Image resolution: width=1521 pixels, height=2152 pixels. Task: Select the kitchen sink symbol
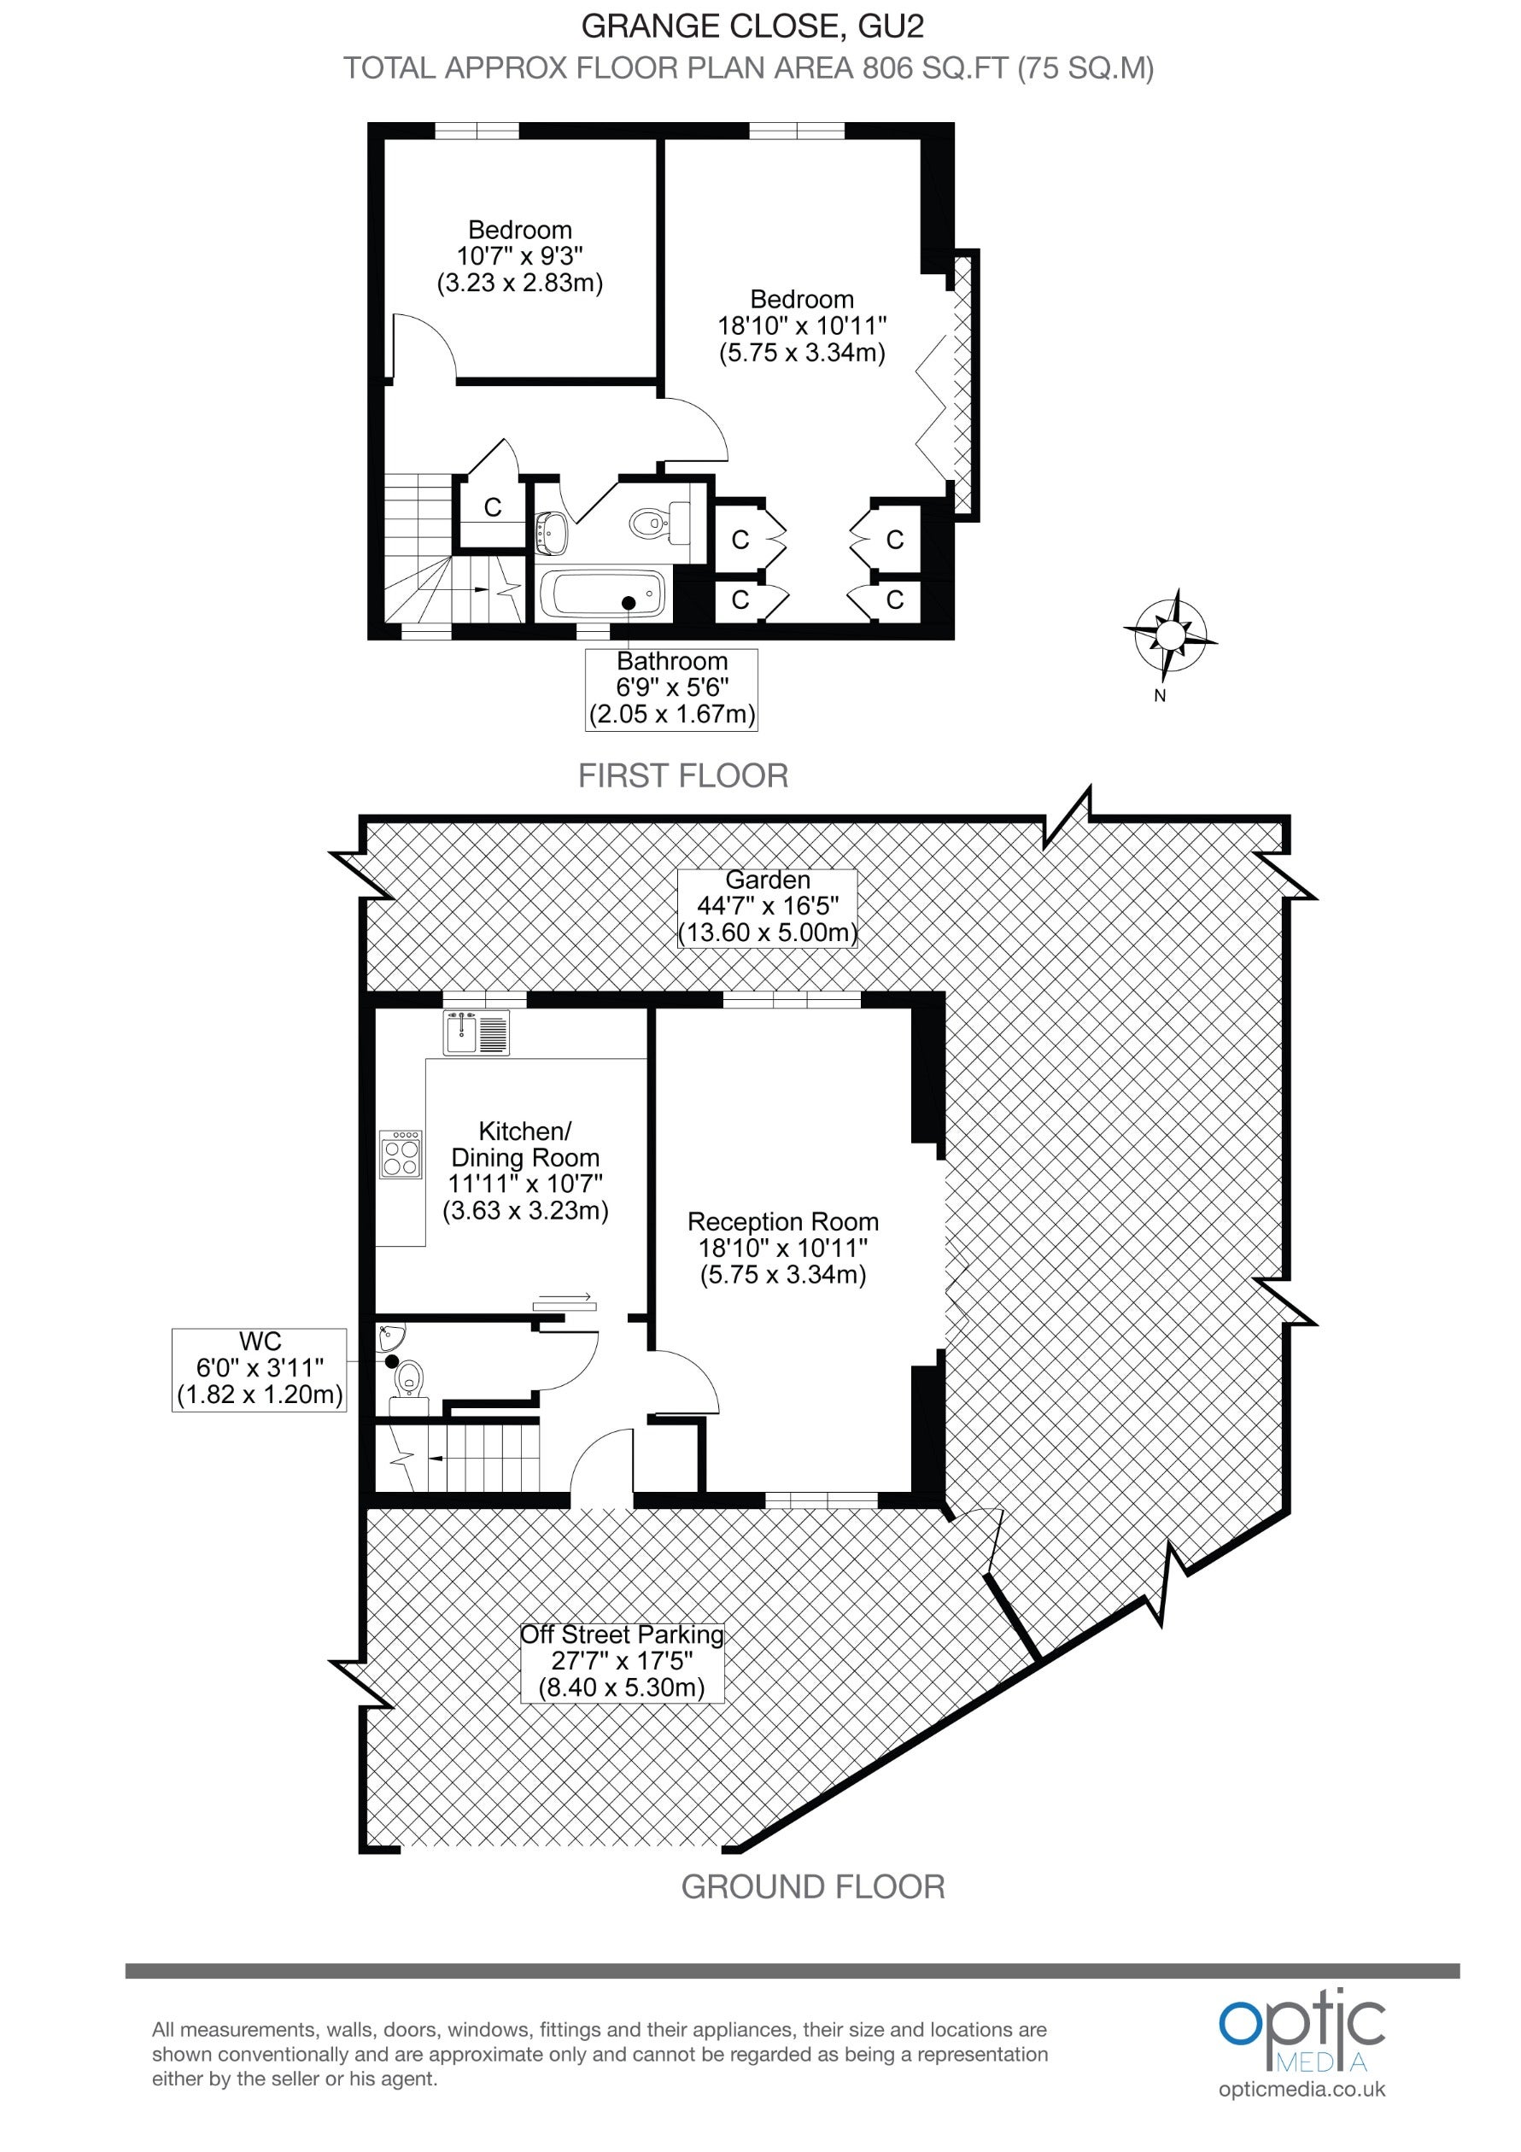point(476,1032)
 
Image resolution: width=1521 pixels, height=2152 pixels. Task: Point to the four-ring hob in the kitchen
point(401,1154)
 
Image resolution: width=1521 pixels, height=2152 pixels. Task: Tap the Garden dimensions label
point(767,907)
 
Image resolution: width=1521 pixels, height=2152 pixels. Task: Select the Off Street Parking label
point(623,1662)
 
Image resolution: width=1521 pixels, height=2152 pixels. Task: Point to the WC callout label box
point(260,1370)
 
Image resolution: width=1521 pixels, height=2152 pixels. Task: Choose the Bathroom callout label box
point(671,689)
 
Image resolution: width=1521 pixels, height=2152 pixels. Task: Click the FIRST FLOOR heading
point(683,776)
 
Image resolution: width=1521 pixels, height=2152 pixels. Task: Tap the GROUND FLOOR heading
point(812,1886)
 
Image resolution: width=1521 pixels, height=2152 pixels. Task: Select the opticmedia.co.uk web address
point(1302,2089)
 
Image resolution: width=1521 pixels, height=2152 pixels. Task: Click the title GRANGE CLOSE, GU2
point(752,26)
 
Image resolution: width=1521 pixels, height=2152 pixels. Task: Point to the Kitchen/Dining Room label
point(525,1171)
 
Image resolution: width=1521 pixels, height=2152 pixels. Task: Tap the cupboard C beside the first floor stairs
point(492,508)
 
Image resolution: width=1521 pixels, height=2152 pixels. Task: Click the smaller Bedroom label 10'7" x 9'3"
point(519,256)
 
